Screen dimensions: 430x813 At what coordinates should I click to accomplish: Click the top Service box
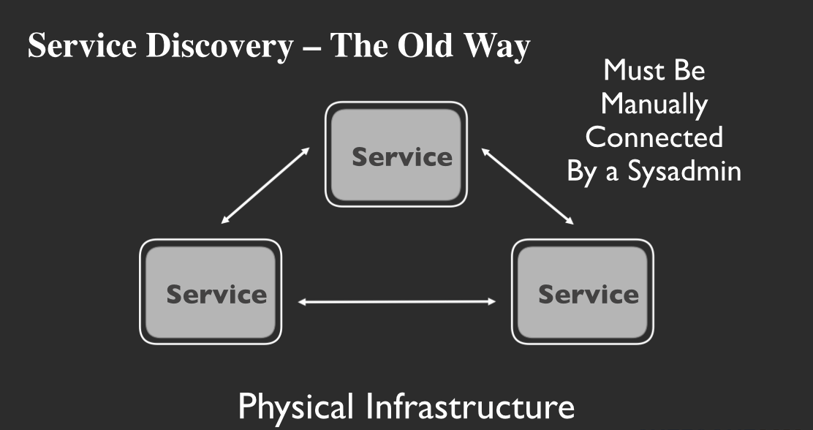click(x=396, y=154)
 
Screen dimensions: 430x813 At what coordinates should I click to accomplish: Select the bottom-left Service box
click(x=211, y=292)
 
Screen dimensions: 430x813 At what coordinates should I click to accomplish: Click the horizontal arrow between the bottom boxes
click(x=397, y=301)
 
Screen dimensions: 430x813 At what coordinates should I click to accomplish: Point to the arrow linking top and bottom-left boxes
click(x=265, y=186)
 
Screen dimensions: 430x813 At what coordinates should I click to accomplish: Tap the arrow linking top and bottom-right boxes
click(x=526, y=186)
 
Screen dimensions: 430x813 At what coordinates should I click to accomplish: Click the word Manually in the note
click(x=654, y=104)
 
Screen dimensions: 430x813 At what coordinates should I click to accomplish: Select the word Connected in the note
click(x=654, y=137)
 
